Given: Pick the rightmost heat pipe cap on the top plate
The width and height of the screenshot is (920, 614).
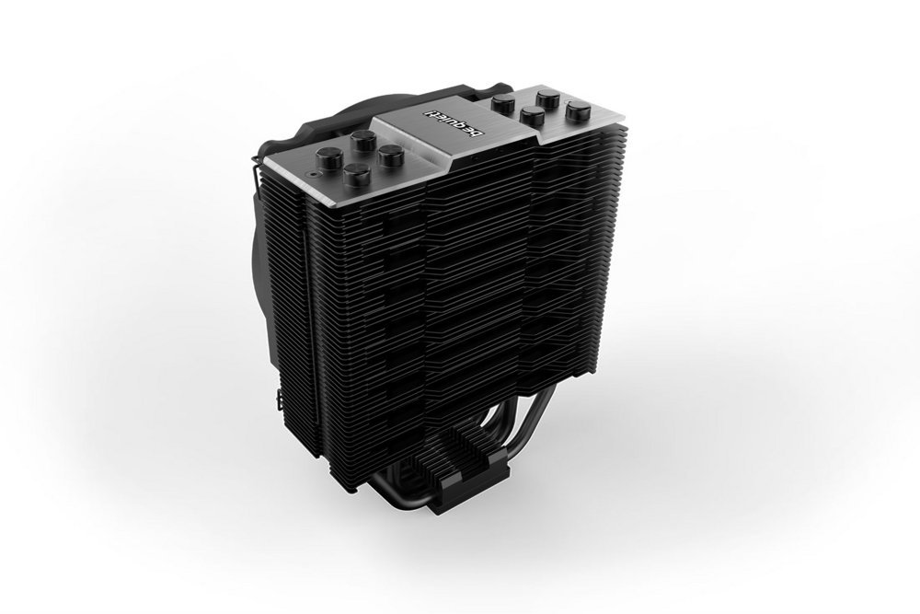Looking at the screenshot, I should (577, 110).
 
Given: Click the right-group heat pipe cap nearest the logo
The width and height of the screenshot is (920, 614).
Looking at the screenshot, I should (503, 104).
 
